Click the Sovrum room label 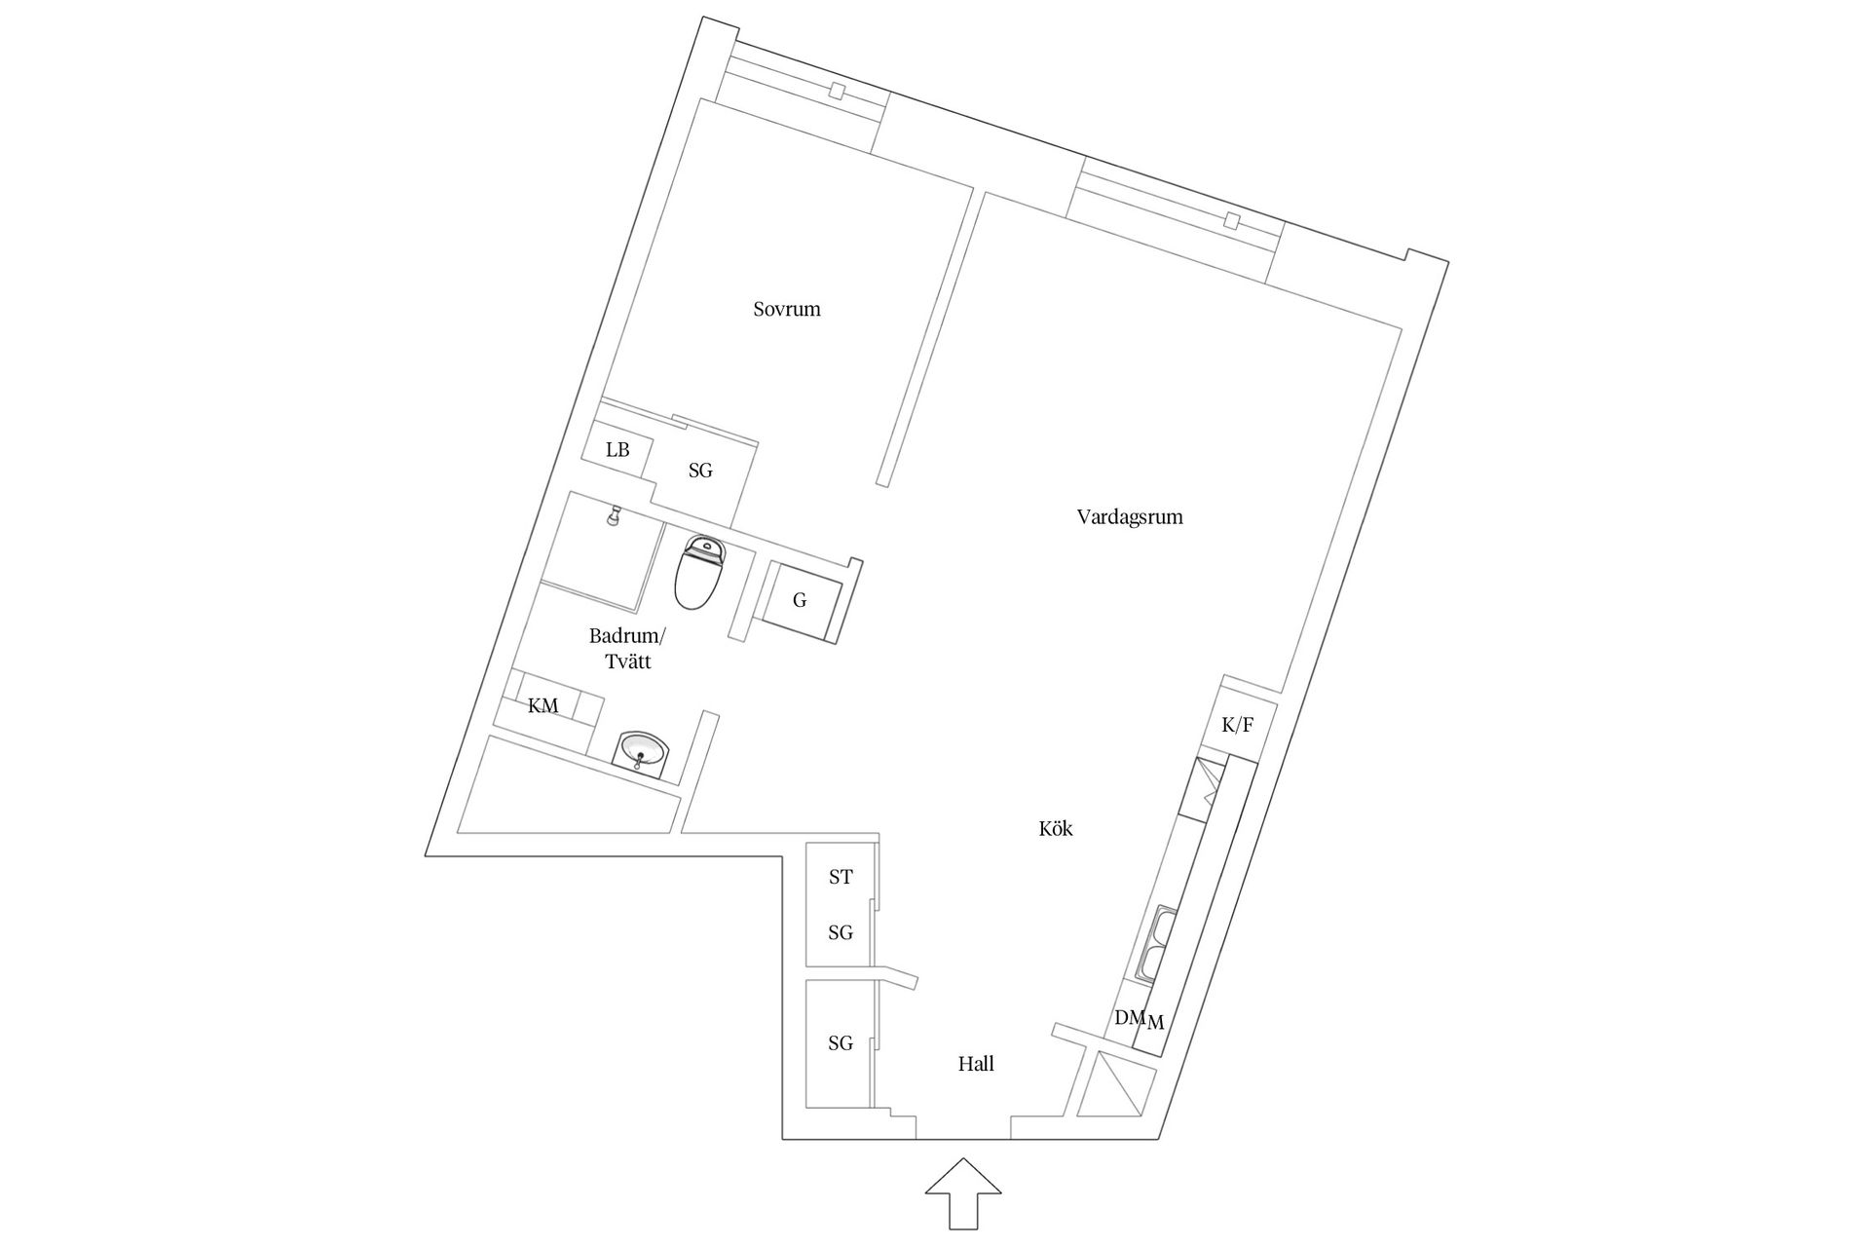pos(787,310)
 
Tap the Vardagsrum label pos(1130,517)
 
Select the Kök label pos(1056,829)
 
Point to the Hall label pos(976,1064)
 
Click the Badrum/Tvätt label pos(627,649)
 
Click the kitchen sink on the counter pos(1156,943)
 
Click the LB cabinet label pos(617,450)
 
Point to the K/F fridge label pos(1237,725)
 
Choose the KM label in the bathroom pos(543,706)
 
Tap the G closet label pos(800,601)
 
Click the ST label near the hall pos(841,878)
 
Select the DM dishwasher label pos(1130,1017)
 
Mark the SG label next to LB pos(700,472)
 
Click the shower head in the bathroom pos(614,515)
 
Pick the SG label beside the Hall pos(841,1044)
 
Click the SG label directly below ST pos(841,933)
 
